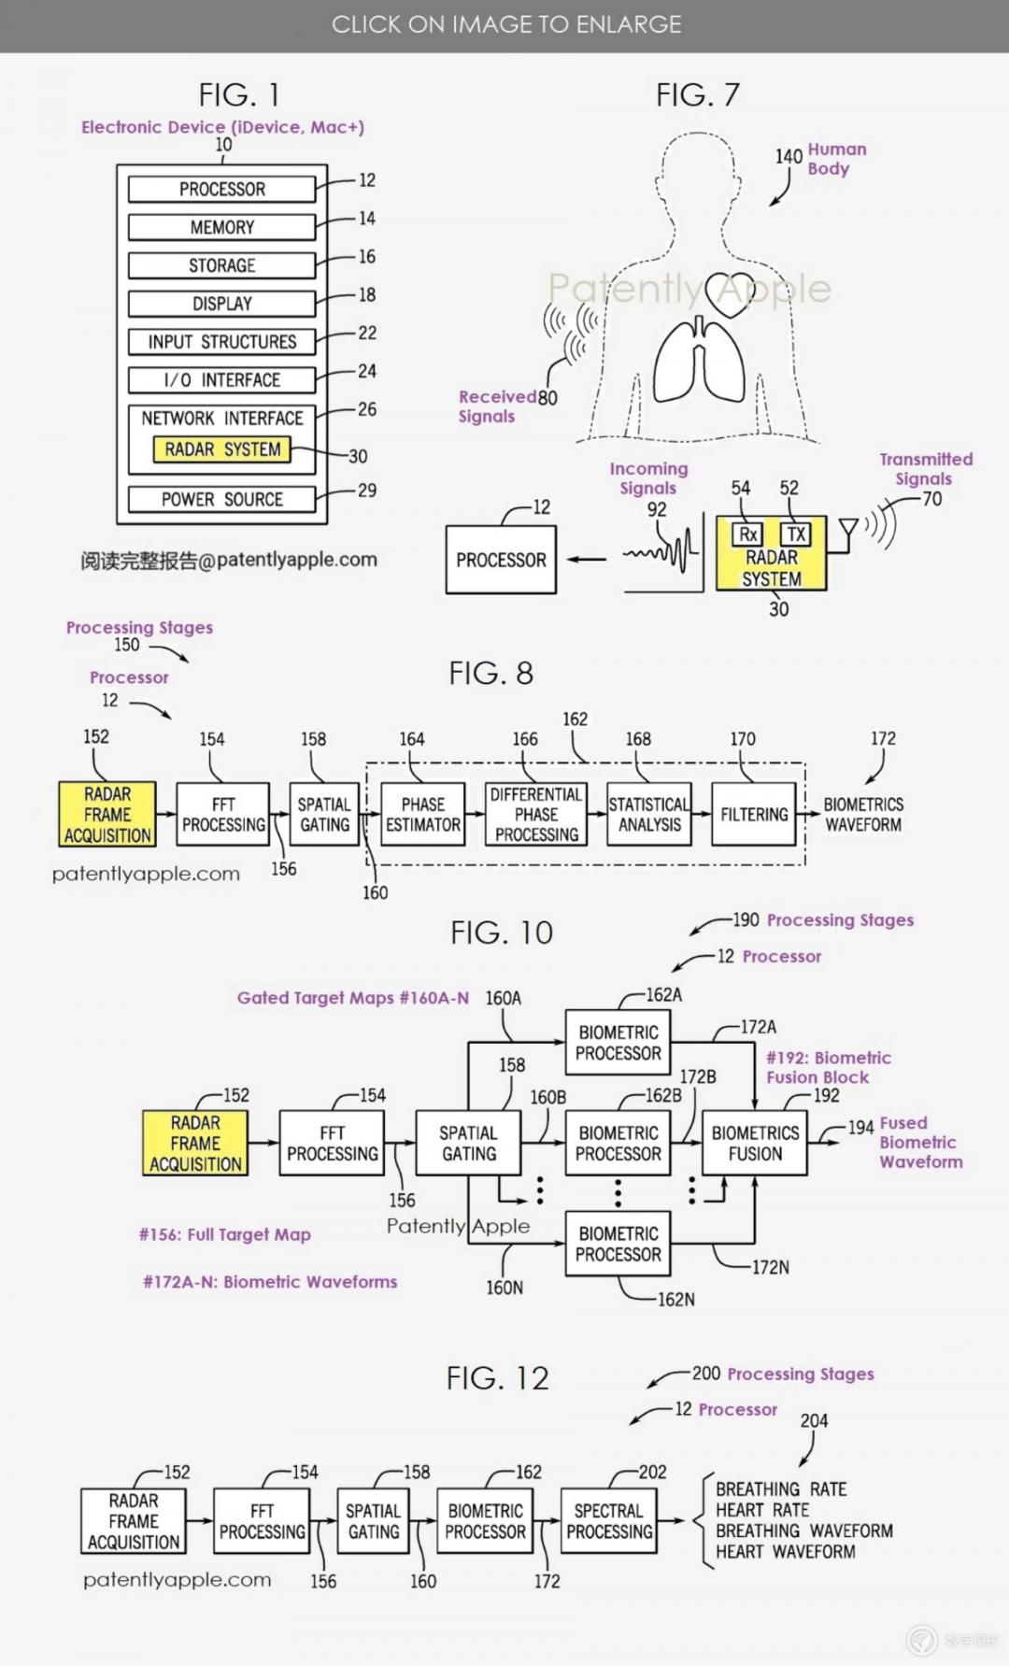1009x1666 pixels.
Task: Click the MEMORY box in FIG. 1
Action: click(221, 227)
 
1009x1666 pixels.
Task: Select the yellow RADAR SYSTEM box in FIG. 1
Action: click(222, 449)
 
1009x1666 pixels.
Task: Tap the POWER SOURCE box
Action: click(221, 499)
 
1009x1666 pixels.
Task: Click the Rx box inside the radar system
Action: click(747, 534)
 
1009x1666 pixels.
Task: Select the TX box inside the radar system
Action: click(796, 534)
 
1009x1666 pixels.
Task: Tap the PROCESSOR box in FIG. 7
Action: click(501, 560)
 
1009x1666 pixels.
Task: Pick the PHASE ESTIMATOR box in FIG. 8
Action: click(423, 815)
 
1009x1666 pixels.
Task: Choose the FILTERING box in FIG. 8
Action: click(754, 815)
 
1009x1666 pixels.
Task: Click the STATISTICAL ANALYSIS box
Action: click(649, 815)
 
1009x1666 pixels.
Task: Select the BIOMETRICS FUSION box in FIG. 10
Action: click(755, 1143)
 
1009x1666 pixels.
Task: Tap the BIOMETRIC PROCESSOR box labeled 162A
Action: click(618, 1043)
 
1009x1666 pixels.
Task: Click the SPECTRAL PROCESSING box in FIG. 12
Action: click(608, 1521)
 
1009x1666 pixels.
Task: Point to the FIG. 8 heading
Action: click(490, 674)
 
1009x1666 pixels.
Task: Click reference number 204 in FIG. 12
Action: click(814, 1420)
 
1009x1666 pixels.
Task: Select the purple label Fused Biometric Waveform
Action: click(920, 1142)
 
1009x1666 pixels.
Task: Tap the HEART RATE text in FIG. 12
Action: click(762, 1510)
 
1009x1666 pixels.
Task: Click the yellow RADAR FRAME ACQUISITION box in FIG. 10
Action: click(195, 1143)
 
